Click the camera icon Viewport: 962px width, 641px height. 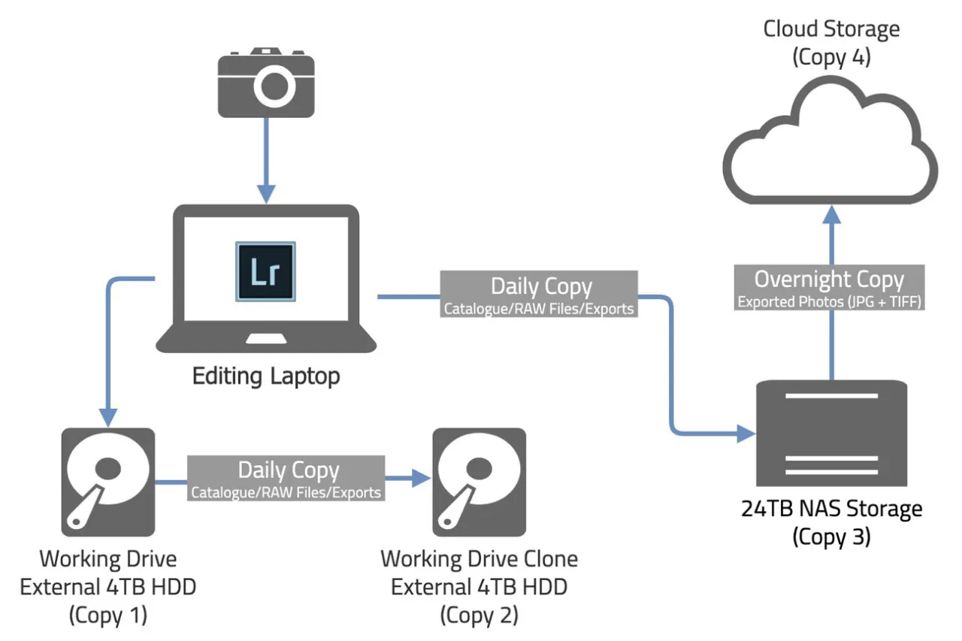[x=265, y=83]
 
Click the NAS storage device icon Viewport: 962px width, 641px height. [x=830, y=433]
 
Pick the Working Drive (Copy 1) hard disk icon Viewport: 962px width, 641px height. [x=108, y=482]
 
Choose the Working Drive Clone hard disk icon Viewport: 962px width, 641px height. [x=479, y=482]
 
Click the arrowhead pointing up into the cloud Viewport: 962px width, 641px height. [x=830, y=216]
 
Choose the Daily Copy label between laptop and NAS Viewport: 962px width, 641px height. [x=540, y=295]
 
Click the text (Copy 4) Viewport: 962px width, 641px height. [x=831, y=58]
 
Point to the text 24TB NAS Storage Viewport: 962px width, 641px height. [x=830, y=509]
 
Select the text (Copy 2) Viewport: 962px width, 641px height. [x=479, y=615]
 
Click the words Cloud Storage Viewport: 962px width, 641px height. [x=831, y=29]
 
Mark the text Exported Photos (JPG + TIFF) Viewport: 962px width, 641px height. [x=830, y=303]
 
